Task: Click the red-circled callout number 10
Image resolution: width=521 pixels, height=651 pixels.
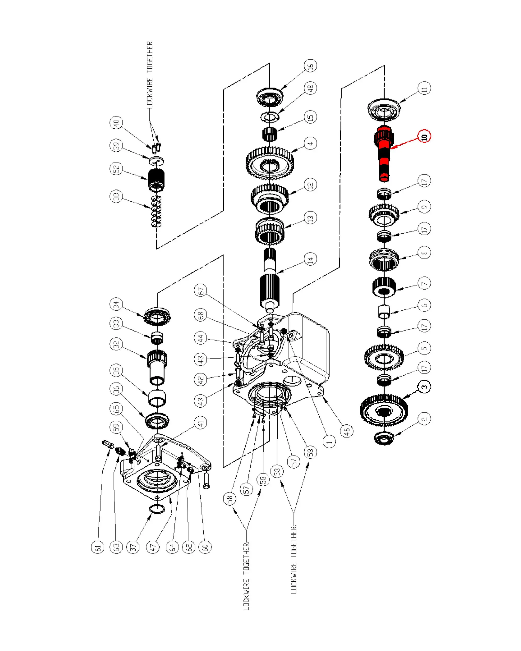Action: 424,136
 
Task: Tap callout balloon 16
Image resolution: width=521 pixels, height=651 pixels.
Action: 310,66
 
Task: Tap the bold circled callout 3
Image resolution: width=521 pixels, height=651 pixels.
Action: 424,386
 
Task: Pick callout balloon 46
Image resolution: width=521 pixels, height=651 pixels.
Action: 346,431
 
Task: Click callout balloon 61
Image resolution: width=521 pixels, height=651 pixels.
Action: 97,547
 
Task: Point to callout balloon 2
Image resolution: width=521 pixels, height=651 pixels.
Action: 424,419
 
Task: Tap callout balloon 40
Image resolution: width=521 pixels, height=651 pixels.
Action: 116,122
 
